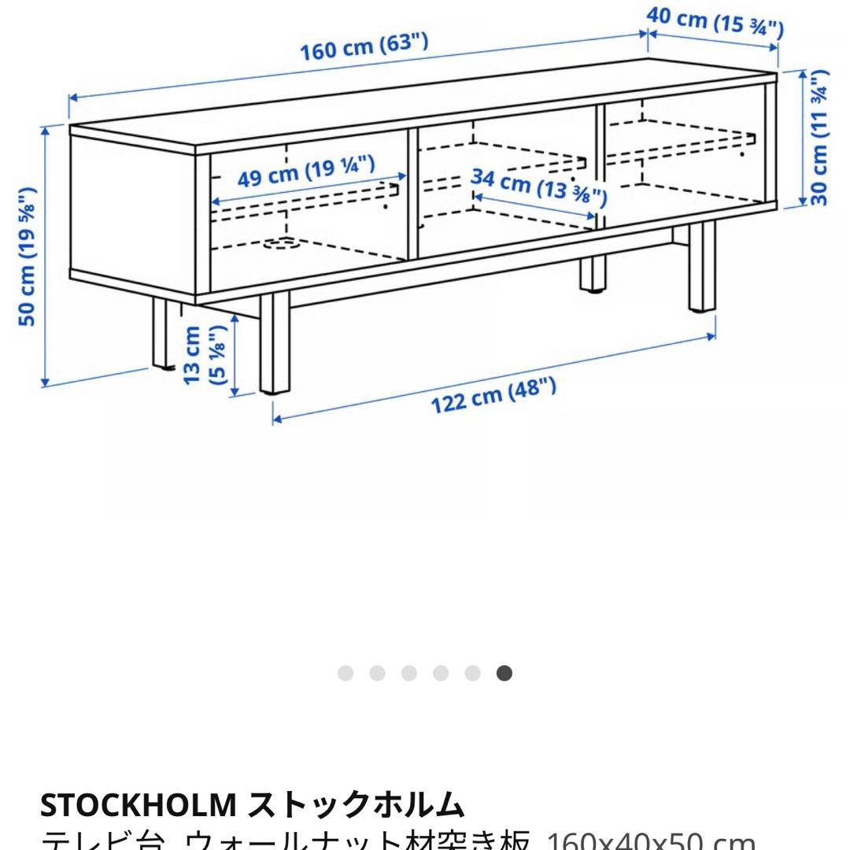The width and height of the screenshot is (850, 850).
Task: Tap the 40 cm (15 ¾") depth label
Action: click(715, 22)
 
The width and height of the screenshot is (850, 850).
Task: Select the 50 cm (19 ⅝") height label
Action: click(29, 257)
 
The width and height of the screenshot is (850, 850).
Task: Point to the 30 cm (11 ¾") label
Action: click(819, 139)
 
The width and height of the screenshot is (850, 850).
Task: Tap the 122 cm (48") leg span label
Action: click(493, 396)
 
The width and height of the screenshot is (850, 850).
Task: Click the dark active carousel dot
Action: click(504, 673)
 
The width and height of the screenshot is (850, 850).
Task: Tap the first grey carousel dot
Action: click(345, 673)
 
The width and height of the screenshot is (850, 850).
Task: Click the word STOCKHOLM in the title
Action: click(137, 804)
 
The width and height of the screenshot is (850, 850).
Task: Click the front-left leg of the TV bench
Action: click(275, 342)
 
